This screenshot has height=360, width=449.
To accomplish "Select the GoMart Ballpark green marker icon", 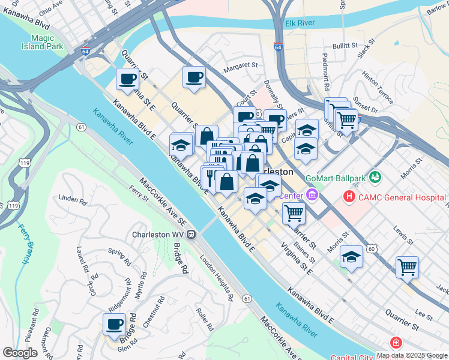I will pos(376,177).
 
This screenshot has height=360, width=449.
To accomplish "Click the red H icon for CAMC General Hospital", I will pos(349,196).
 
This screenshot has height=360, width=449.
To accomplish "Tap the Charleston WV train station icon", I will pos(191,235).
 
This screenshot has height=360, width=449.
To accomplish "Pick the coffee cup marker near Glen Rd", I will pos(115,325).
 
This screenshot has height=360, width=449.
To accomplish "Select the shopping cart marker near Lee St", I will pos(407,267).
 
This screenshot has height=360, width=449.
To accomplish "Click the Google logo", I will pos(20,353).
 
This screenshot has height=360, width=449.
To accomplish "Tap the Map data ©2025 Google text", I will pos(412,355).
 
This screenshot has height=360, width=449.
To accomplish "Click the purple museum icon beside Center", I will pos(312,196).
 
